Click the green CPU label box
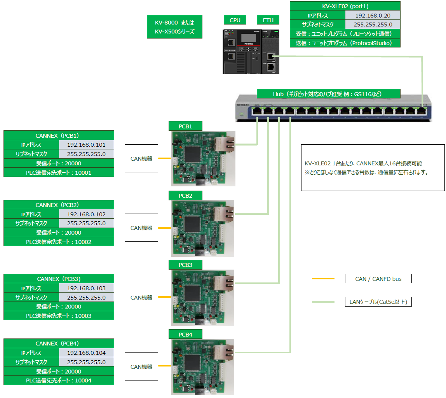(x=235, y=20)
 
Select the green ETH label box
(x=268, y=20)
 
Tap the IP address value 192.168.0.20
(x=373, y=16)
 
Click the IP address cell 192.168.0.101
(x=86, y=145)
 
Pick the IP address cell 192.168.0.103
(x=86, y=288)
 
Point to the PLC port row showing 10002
(x=59, y=242)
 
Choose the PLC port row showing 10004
(x=59, y=380)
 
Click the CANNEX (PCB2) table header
(x=59, y=205)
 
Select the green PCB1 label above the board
(x=185, y=126)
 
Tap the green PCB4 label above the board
(x=185, y=334)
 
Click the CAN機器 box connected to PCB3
(x=141, y=298)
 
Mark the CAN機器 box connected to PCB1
(x=141, y=159)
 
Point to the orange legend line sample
(x=323, y=279)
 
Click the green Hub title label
(x=328, y=94)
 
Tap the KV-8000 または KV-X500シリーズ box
(x=175, y=27)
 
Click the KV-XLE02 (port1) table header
(x=345, y=6)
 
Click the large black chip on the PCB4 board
(x=193, y=363)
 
